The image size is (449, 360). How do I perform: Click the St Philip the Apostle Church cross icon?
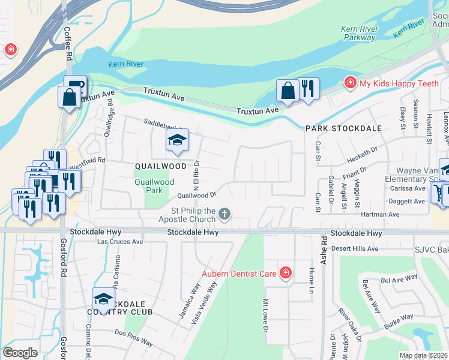[224, 214]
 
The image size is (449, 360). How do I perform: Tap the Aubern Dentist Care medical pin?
[286, 274]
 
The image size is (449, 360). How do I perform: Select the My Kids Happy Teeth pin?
[349, 83]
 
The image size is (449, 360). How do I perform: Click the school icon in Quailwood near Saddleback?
[177, 141]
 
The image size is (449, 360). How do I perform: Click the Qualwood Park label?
[155, 186]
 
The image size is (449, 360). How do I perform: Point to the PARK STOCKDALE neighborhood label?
[335, 128]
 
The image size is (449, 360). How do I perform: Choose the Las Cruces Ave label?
[121, 242]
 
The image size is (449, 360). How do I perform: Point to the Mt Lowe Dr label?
[265, 314]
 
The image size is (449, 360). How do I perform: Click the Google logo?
[20, 352]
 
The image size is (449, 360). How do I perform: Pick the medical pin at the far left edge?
[10, 50]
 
